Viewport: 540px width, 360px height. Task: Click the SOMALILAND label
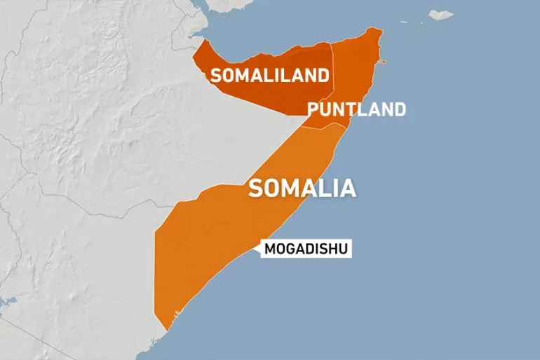[x=270, y=76]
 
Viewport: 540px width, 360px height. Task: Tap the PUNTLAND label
[x=356, y=109]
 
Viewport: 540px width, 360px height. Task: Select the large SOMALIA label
[x=302, y=188]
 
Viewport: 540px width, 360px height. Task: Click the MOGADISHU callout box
[x=306, y=248]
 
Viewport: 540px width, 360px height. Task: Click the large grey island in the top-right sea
[x=441, y=14]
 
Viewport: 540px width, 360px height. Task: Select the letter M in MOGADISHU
[x=271, y=248]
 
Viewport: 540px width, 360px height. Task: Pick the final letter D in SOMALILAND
[x=323, y=76]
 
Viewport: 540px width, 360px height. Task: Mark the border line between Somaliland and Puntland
[x=333, y=77]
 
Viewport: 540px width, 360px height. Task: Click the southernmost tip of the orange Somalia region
[x=166, y=331]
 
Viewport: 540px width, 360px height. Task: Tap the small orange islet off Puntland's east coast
[x=382, y=62]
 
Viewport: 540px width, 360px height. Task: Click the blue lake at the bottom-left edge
[x=6, y=304]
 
